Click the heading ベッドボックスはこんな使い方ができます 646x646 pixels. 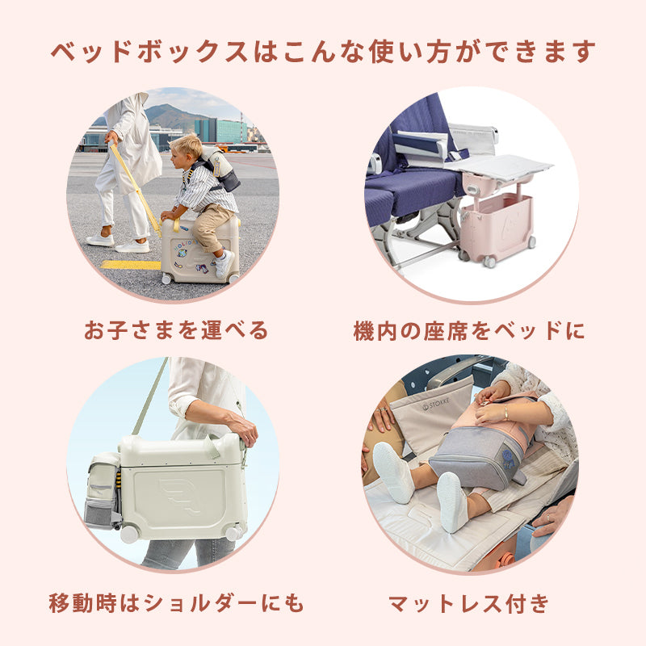tap(323, 52)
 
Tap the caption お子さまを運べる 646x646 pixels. tap(176, 330)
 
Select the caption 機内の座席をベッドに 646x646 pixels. tap(469, 330)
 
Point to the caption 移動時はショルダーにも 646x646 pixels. tap(176, 603)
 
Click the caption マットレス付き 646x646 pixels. tap(469, 603)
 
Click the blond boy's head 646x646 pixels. tap(186, 146)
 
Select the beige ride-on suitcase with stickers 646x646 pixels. tap(199, 251)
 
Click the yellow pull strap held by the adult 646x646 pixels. tap(135, 187)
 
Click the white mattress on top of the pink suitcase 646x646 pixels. tap(505, 167)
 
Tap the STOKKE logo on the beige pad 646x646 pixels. tap(436, 405)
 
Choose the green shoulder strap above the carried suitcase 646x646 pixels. tap(150, 396)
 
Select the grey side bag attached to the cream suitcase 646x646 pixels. tap(103, 490)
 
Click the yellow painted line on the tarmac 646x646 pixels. tap(131, 265)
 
